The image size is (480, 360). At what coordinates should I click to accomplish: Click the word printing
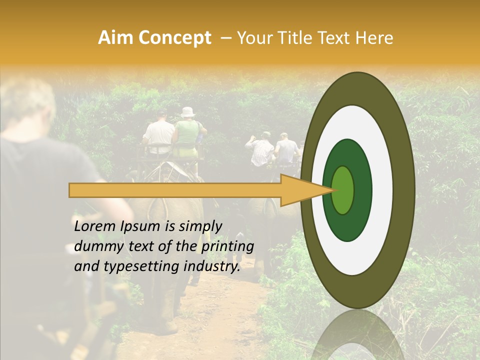pyautogui.click(x=227, y=247)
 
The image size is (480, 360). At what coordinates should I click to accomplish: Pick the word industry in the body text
pyautogui.click(x=212, y=266)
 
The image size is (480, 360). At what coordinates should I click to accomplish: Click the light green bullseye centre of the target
pyautogui.click(x=343, y=190)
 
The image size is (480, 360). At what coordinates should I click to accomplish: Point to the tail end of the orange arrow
pyautogui.click(x=72, y=190)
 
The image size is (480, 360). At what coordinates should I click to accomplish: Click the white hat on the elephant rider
pyautogui.click(x=188, y=112)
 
